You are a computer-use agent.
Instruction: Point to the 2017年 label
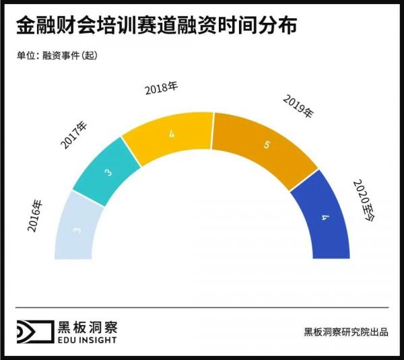click(x=74, y=135)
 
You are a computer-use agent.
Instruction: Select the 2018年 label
click(x=162, y=89)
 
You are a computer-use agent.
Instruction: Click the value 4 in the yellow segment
click(x=172, y=135)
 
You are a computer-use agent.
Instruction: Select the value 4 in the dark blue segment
click(x=325, y=218)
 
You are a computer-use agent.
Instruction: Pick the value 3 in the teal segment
click(x=108, y=173)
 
